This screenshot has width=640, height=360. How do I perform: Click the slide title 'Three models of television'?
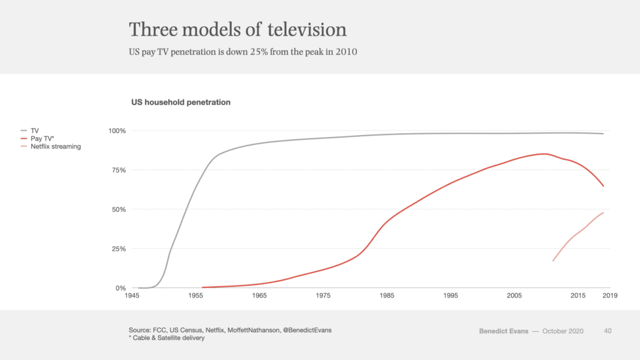tap(237, 29)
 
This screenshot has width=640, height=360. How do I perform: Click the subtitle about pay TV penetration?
tap(242, 52)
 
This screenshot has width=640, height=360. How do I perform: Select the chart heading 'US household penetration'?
tap(181, 102)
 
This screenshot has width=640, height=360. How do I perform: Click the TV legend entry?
tap(34, 131)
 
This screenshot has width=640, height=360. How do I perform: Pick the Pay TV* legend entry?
tap(41, 138)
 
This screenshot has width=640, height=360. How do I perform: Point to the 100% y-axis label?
tap(117, 131)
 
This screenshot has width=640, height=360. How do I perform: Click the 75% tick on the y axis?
tap(119, 170)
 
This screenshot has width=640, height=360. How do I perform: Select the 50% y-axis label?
tap(119, 209)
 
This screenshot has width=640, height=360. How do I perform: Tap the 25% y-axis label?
tap(119, 249)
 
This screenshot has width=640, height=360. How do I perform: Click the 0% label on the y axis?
tap(121, 288)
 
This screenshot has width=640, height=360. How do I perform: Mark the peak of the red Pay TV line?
tap(544, 154)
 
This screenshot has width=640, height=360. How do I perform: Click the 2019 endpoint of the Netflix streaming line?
tap(603, 212)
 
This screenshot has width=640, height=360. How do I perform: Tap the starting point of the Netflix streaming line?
tap(552, 261)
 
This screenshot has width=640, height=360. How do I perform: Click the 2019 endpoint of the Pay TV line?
tap(603, 186)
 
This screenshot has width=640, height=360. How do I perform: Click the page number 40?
tap(607, 331)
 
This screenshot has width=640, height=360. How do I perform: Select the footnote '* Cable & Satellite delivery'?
tap(166, 338)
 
